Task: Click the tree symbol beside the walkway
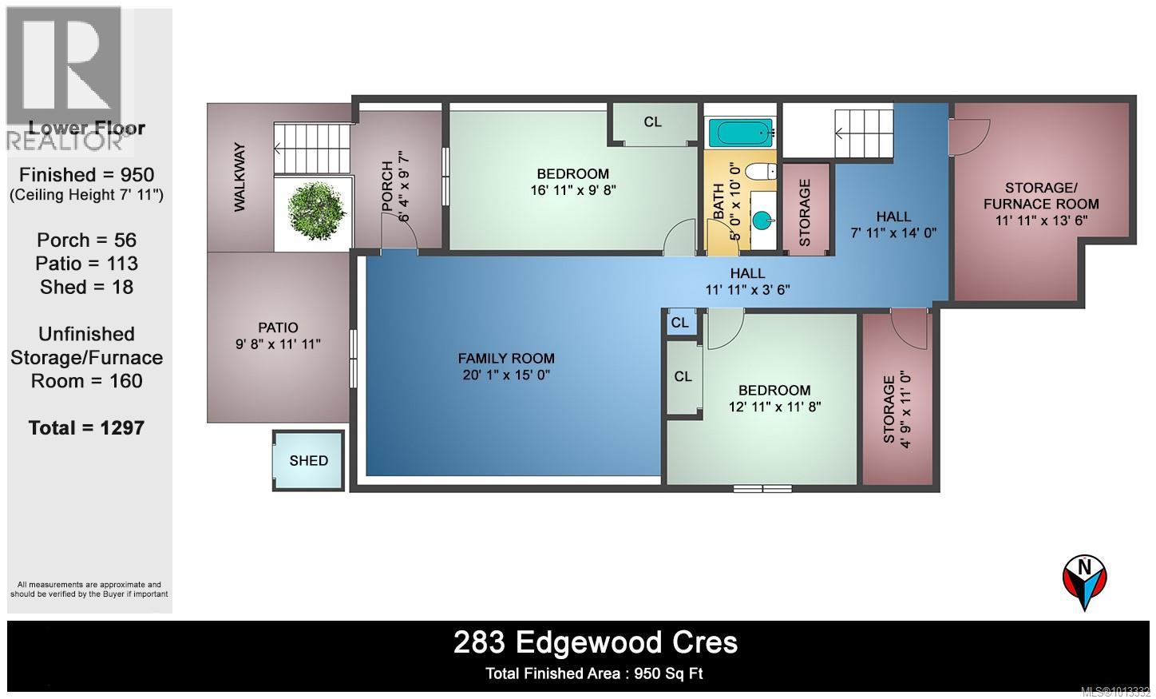pyautogui.click(x=317, y=210)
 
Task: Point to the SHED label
pyautogui.click(x=309, y=461)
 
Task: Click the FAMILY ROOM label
pyautogui.click(x=506, y=359)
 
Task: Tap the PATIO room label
pyautogui.click(x=278, y=328)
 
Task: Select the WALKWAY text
pyautogui.click(x=239, y=177)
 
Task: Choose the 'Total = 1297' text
pyautogui.click(x=86, y=428)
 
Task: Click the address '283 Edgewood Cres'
pyautogui.click(x=596, y=642)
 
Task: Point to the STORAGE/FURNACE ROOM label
pyautogui.click(x=1041, y=196)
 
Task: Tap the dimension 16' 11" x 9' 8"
pyautogui.click(x=572, y=190)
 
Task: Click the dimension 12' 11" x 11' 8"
pyautogui.click(x=774, y=407)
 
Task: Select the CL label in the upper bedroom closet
pyautogui.click(x=653, y=122)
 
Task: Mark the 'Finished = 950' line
pyautogui.click(x=86, y=175)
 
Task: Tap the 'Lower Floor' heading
pyautogui.click(x=86, y=128)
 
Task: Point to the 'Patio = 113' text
pyautogui.click(x=86, y=264)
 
